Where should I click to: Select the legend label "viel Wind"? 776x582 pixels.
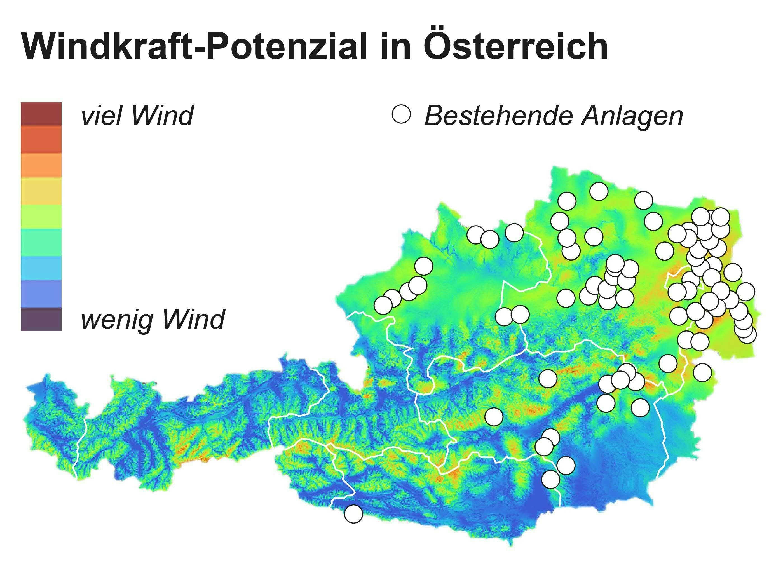137,116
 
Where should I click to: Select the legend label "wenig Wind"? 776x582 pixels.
153,319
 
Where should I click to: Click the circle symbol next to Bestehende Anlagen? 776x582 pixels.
401,114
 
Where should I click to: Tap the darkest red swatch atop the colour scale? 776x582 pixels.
41,114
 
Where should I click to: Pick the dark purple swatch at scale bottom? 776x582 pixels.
41,319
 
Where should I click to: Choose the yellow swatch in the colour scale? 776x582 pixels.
41,191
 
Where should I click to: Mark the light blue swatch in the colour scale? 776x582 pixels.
41,268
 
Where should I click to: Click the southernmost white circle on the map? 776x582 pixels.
353,514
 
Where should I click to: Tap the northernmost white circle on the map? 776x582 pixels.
599,191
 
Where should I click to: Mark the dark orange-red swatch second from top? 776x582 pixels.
41,140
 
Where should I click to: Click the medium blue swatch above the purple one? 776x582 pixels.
41,294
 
